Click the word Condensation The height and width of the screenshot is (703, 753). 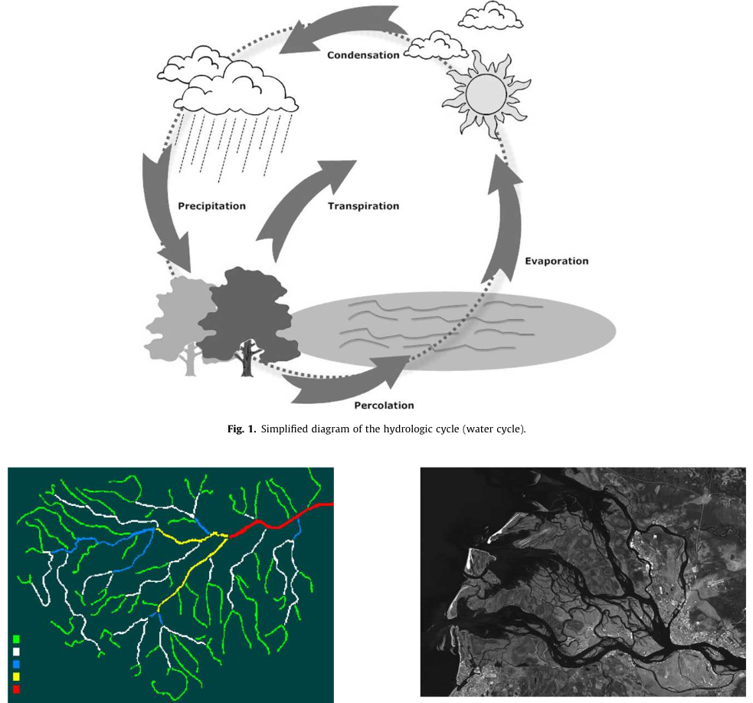point(363,55)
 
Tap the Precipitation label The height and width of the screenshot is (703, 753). point(211,206)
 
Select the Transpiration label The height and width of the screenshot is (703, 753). point(363,206)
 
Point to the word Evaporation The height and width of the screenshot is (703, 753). point(557,261)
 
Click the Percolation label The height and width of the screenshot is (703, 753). point(384,406)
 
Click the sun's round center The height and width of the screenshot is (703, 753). point(486,94)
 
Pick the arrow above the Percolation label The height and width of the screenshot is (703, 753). point(345,379)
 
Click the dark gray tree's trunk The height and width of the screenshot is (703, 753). point(247,360)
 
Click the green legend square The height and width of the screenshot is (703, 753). point(16,639)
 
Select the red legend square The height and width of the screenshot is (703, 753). point(16,689)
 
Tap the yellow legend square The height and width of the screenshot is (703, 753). point(16,677)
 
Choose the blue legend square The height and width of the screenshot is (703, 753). point(16,664)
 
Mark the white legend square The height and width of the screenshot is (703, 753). point(16,652)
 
